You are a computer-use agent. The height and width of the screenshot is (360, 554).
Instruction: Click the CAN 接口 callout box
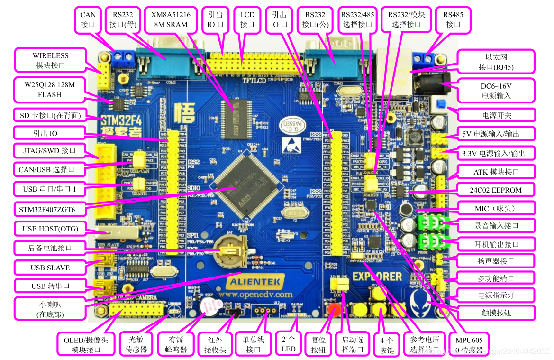click(x=88, y=20)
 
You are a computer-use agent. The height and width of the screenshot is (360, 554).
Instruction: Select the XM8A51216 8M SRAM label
click(x=171, y=20)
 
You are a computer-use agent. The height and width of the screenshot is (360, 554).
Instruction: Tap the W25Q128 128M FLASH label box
click(x=50, y=89)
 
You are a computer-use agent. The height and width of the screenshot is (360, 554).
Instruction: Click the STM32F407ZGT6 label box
click(x=47, y=209)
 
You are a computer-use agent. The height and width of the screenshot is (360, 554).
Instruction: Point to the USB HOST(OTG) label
click(x=50, y=229)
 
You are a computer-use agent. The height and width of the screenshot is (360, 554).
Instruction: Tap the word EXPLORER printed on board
click(x=378, y=276)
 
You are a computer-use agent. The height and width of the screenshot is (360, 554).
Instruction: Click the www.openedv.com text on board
click(x=262, y=295)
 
